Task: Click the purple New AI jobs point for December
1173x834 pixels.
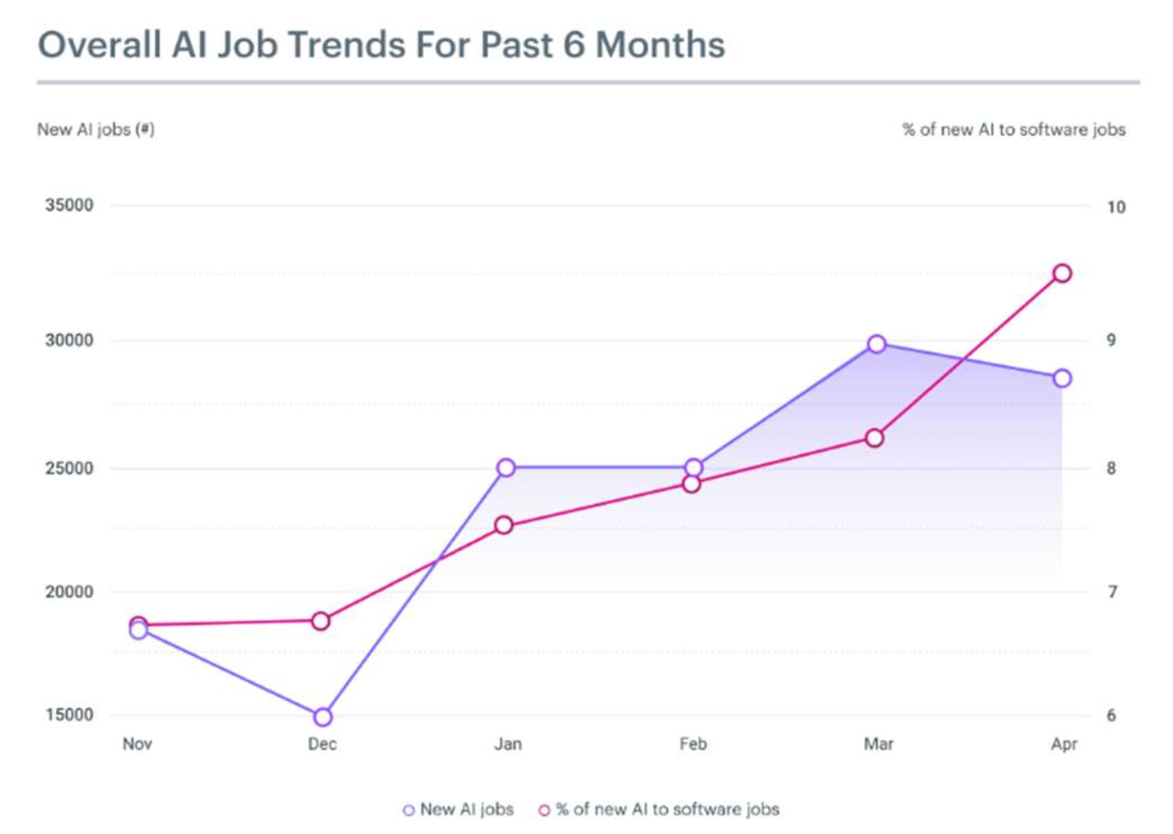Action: (x=323, y=717)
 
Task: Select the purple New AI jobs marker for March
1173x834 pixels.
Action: (x=877, y=344)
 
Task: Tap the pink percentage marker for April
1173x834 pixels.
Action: (x=1062, y=273)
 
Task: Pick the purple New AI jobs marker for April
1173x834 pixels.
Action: (x=1062, y=378)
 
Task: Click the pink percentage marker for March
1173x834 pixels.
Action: (x=874, y=438)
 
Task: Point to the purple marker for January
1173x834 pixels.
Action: (x=506, y=468)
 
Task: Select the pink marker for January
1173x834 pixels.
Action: (x=504, y=525)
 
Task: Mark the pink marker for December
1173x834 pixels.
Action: (x=321, y=621)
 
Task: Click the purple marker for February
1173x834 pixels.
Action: (x=693, y=468)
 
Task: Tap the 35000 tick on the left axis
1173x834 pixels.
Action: (x=69, y=205)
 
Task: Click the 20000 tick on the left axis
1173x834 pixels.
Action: (x=69, y=592)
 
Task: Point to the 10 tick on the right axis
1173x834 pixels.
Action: (x=1116, y=207)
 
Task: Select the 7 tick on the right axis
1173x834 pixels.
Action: (x=1112, y=592)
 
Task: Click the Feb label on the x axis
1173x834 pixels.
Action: (x=693, y=744)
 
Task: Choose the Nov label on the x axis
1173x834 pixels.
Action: (x=137, y=744)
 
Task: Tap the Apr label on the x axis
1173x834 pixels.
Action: (x=1063, y=744)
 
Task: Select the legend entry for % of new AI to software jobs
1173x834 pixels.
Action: (x=660, y=810)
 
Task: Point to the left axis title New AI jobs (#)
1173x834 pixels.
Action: (x=96, y=129)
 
